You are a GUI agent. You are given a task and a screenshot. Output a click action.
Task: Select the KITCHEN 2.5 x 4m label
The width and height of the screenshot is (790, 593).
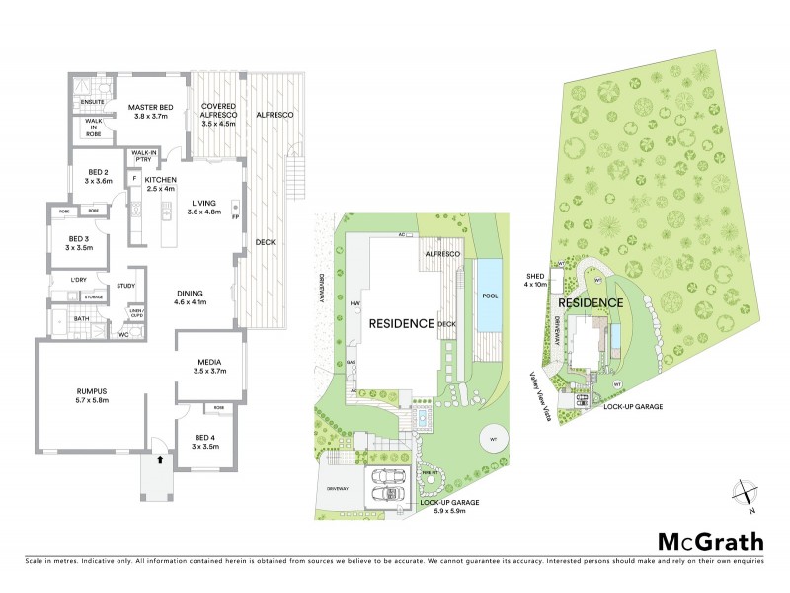pos(160,184)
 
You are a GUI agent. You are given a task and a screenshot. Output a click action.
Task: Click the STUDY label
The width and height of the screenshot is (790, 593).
pos(125,286)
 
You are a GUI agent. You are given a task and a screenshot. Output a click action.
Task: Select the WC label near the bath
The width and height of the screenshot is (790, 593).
pos(123,333)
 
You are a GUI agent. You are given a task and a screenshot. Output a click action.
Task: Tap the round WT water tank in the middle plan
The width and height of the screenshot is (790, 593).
pos(491,439)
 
